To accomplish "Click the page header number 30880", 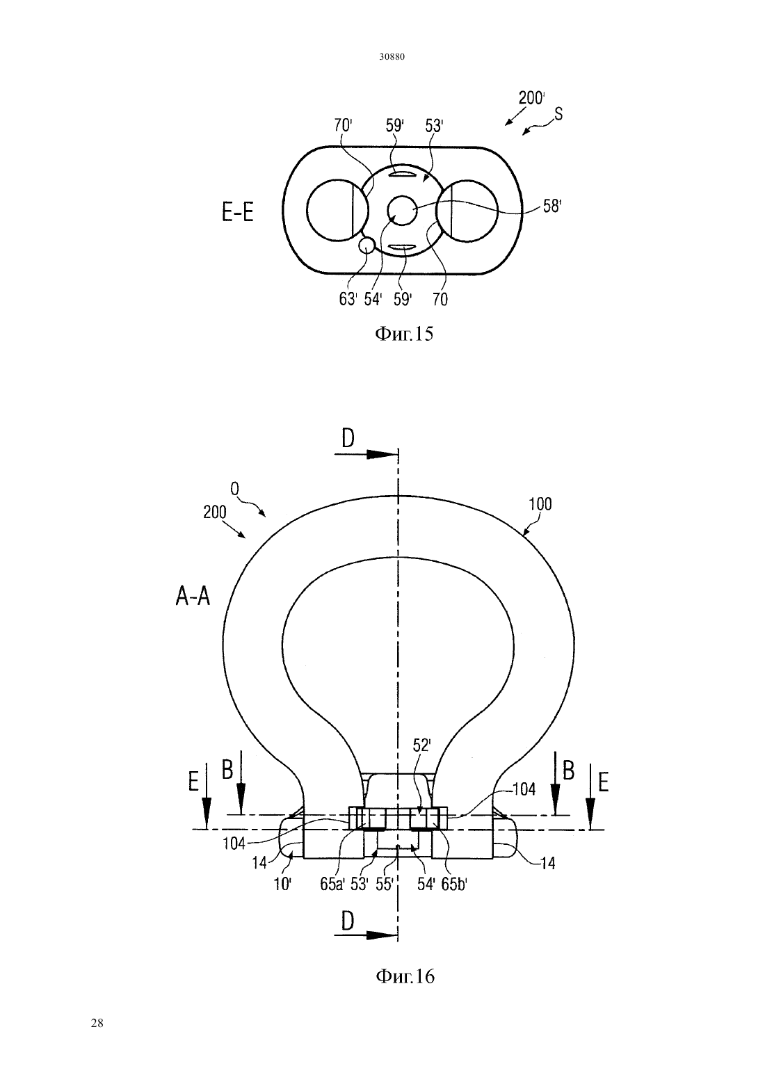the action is pos(392,57).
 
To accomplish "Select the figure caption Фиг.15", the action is pos(404,334).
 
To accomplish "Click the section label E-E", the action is pos(238,213).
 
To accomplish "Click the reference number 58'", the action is pos(551,207).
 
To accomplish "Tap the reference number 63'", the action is pos(348,300).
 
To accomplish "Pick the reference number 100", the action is pos(540,504).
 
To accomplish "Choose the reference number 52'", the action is pos(421,746).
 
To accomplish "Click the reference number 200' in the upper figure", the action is pos(532,98).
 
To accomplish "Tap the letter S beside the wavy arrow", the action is pos(558,113).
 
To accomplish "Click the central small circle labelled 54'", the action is pos(403,211).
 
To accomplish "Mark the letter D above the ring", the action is pos(348,439).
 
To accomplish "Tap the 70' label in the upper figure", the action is pos(343,126).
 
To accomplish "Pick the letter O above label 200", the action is pos(235,490).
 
